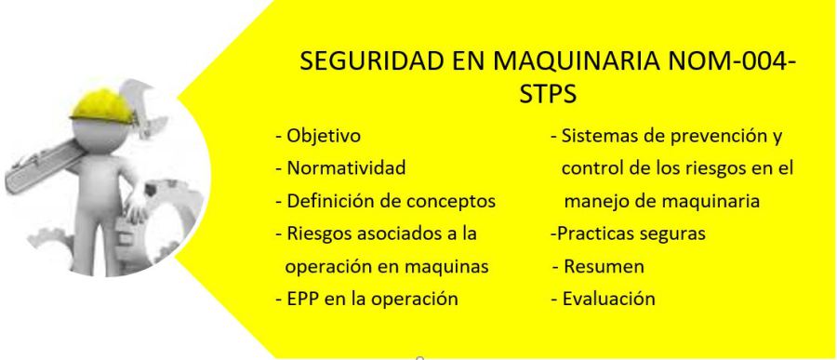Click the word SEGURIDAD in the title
tap(371, 60)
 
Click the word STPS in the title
tap(548, 94)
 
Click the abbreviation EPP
tap(302, 299)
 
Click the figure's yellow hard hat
tap(102, 105)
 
